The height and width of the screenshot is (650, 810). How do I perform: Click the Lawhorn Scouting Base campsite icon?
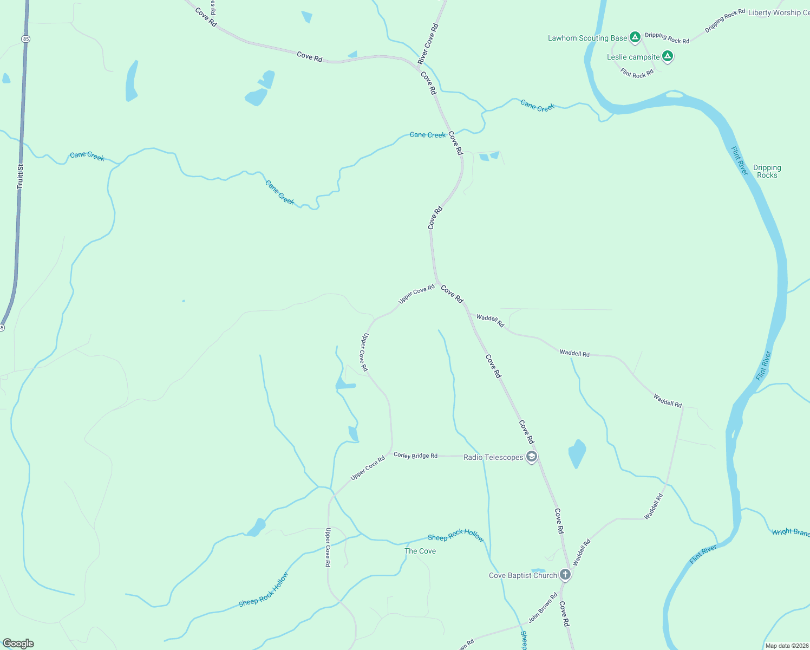click(x=635, y=37)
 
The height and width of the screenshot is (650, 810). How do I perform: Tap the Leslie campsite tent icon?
click(x=668, y=56)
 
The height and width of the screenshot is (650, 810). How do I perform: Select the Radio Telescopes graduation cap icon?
click(x=532, y=457)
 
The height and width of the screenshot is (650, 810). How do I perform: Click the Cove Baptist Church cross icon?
click(x=565, y=575)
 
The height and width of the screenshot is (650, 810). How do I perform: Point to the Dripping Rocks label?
click(x=767, y=171)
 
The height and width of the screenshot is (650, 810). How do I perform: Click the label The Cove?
click(x=420, y=551)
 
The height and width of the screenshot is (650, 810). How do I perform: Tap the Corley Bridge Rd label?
click(x=415, y=456)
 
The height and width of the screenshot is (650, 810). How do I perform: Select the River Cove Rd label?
click(x=428, y=44)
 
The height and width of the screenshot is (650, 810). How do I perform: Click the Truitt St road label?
click(x=20, y=176)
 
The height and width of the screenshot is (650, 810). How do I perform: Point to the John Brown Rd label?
click(x=543, y=608)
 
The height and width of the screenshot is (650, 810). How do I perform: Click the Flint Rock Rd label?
click(x=637, y=73)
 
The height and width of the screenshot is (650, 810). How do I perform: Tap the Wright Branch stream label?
click(x=791, y=532)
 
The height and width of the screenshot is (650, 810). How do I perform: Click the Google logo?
click(x=18, y=643)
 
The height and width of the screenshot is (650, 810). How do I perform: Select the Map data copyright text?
click(x=786, y=646)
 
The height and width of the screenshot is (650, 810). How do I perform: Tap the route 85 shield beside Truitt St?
click(x=26, y=39)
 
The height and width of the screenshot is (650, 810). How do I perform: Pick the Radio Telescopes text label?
click(x=493, y=457)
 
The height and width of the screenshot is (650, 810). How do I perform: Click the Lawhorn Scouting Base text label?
click(x=587, y=38)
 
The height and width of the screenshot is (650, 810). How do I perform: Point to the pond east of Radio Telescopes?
click(x=577, y=453)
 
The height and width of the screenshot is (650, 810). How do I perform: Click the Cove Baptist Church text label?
click(x=522, y=575)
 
